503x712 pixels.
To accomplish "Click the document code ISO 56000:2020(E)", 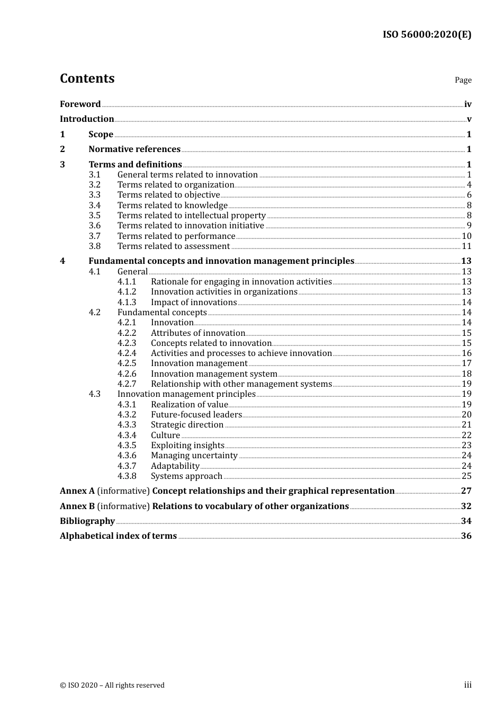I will (427, 34).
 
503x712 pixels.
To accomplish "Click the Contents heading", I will (87, 78).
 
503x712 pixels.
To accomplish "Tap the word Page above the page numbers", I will (463, 80).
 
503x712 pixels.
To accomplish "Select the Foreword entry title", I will (80, 104).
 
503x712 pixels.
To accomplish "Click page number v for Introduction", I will (469, 119).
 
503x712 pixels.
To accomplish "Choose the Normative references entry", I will (134, 149).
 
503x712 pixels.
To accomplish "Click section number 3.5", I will (95, 216).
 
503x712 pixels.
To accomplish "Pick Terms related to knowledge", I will (172, 206).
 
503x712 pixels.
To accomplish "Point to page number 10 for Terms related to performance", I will (466, 236).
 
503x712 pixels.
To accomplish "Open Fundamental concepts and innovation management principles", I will (221, 261).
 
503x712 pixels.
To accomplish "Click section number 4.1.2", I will (127, 292).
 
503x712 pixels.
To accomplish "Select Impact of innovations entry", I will (194, 302).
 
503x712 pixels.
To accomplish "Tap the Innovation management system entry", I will (214, 374).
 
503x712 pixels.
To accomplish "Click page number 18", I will (466, 374).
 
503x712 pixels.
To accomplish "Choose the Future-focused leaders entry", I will (196, 415).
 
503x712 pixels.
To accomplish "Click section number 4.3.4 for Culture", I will (127, 435).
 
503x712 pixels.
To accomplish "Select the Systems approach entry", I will (186, 476).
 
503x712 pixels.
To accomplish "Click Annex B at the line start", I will (77, 506).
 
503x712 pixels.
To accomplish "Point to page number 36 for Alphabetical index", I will (466, 536).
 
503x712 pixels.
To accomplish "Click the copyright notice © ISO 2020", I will (112, 685).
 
